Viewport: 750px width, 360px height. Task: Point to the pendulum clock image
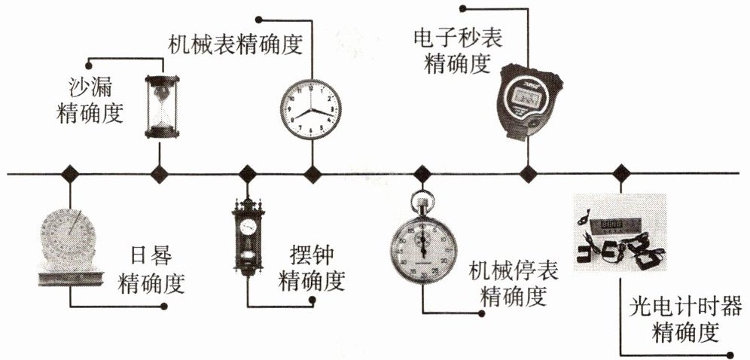point(248,237)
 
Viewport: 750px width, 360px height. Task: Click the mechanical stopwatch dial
point(422,249)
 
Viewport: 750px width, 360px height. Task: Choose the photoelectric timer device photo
point(619,233)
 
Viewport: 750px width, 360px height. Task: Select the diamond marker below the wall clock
point(312,174)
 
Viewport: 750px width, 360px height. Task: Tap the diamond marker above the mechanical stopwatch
point(422,174)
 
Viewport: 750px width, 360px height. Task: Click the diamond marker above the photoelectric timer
point(620,174)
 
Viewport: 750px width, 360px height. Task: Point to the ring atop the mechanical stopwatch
point(422,200)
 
